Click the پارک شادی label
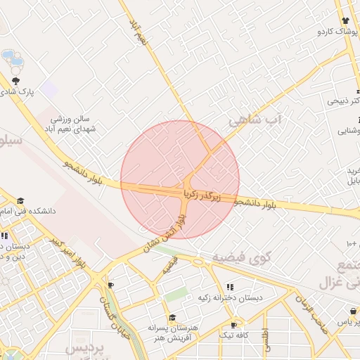20,93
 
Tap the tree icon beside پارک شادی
15,81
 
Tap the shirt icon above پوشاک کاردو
345,21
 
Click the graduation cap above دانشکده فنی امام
20,200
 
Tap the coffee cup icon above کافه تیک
233,325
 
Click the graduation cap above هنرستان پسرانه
172,318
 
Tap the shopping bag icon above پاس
352,310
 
